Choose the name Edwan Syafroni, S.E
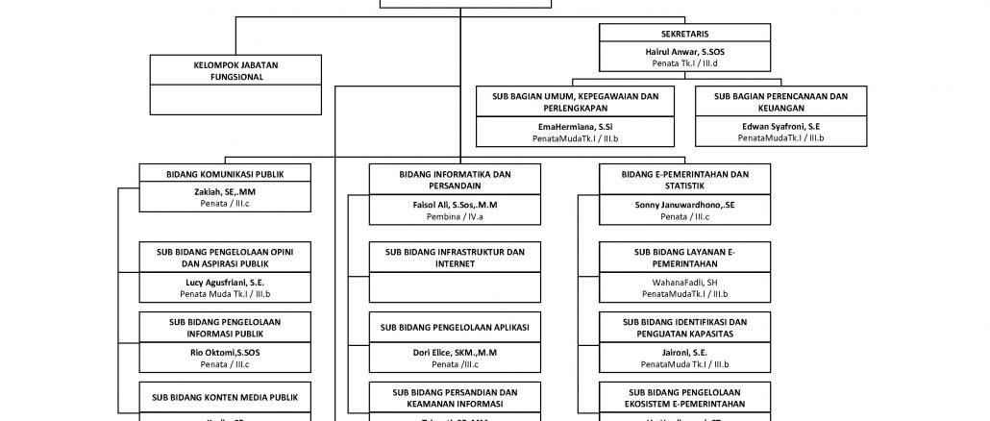[780, 127]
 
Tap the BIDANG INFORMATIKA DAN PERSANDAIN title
[456, 180]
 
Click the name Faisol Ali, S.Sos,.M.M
[456, 205]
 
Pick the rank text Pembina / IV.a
[456, 217]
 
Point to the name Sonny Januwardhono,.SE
[685, 205]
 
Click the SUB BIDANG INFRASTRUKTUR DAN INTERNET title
[456, 258]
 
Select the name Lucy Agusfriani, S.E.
[225, 283]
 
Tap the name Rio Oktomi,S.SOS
[225, 352]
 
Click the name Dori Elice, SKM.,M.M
[456, 353]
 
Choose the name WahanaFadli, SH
[685, 283]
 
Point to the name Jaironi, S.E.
[685, 352]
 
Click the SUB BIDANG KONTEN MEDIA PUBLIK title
[225, 396]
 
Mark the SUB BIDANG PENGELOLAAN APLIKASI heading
[456, 327]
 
